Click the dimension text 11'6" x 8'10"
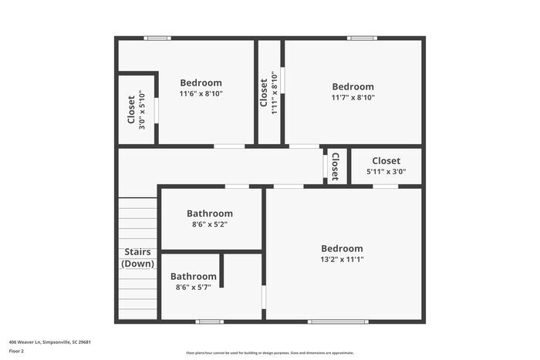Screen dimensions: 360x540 click(x=201, y=94)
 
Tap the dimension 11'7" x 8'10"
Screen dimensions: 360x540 click(x=353, y=97)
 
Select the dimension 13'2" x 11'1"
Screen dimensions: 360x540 click(x=342, y=260)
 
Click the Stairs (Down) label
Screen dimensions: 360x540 click(x=137, y=257)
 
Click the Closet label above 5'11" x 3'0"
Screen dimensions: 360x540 click(x=386, y=161)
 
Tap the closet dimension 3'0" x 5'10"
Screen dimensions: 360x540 click(x=141, y=109)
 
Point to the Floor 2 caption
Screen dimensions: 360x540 click(x=16, y=351)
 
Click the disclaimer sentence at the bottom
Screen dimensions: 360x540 click(x=269, y=352)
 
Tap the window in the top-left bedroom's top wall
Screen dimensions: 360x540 click(x=157, y=38)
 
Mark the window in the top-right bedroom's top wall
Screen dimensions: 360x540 click(x=361, y=38)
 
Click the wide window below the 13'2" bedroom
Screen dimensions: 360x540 click(x=337, y=321)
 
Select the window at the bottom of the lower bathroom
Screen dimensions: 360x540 click(x=209, y=321)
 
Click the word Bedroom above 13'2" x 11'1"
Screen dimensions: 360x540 click(x=342, y=248)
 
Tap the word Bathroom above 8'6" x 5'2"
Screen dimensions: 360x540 click(x=210, y=214)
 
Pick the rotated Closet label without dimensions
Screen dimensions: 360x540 click(x=335, y=166)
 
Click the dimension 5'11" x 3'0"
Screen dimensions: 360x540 click(x=386, y=172)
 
